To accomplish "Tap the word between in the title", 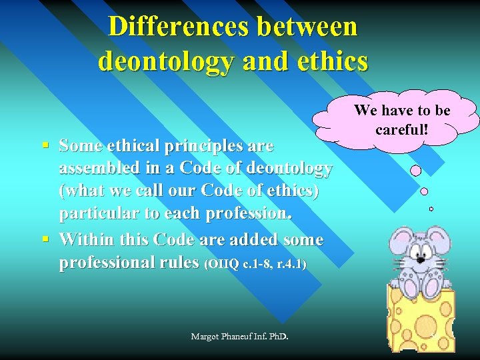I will pos(303,27).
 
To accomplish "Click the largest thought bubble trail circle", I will pos(415,171).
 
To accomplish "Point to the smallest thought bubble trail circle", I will pos(431,209).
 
